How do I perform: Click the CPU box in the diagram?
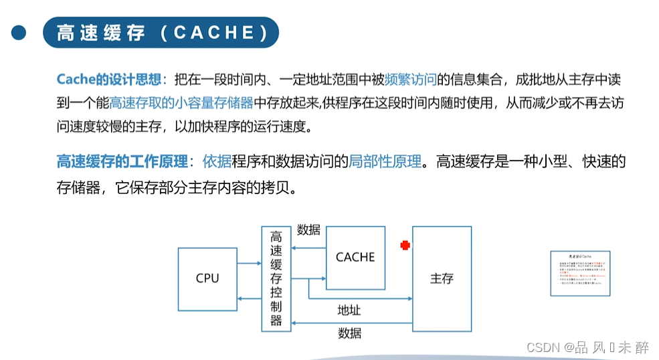click(x=207, y=278)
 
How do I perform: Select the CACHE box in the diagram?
click(x=355, y=258)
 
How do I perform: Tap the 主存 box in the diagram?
click(x=442, y=278)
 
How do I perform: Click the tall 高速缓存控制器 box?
click(x=276, y=278)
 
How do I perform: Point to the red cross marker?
click(x=405, y=246)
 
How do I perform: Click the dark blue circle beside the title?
click(x=19, y=32)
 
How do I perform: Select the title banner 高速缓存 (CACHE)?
click(x=161, y=33)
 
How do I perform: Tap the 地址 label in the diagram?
click(x=349, y=310)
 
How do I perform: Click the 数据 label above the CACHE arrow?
click(x=308, y=230)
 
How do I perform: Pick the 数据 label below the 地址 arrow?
click(x=349, y=333)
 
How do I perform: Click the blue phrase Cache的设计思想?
click(x=109, y=80)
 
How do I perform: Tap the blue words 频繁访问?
click(x=411, y=80)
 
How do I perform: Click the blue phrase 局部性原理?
click(x=385, y=161)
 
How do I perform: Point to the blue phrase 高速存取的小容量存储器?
click(x=181, y=103)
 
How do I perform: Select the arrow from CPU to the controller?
click(x=249, y=264)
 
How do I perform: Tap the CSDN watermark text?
click(x=587, y=347)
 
